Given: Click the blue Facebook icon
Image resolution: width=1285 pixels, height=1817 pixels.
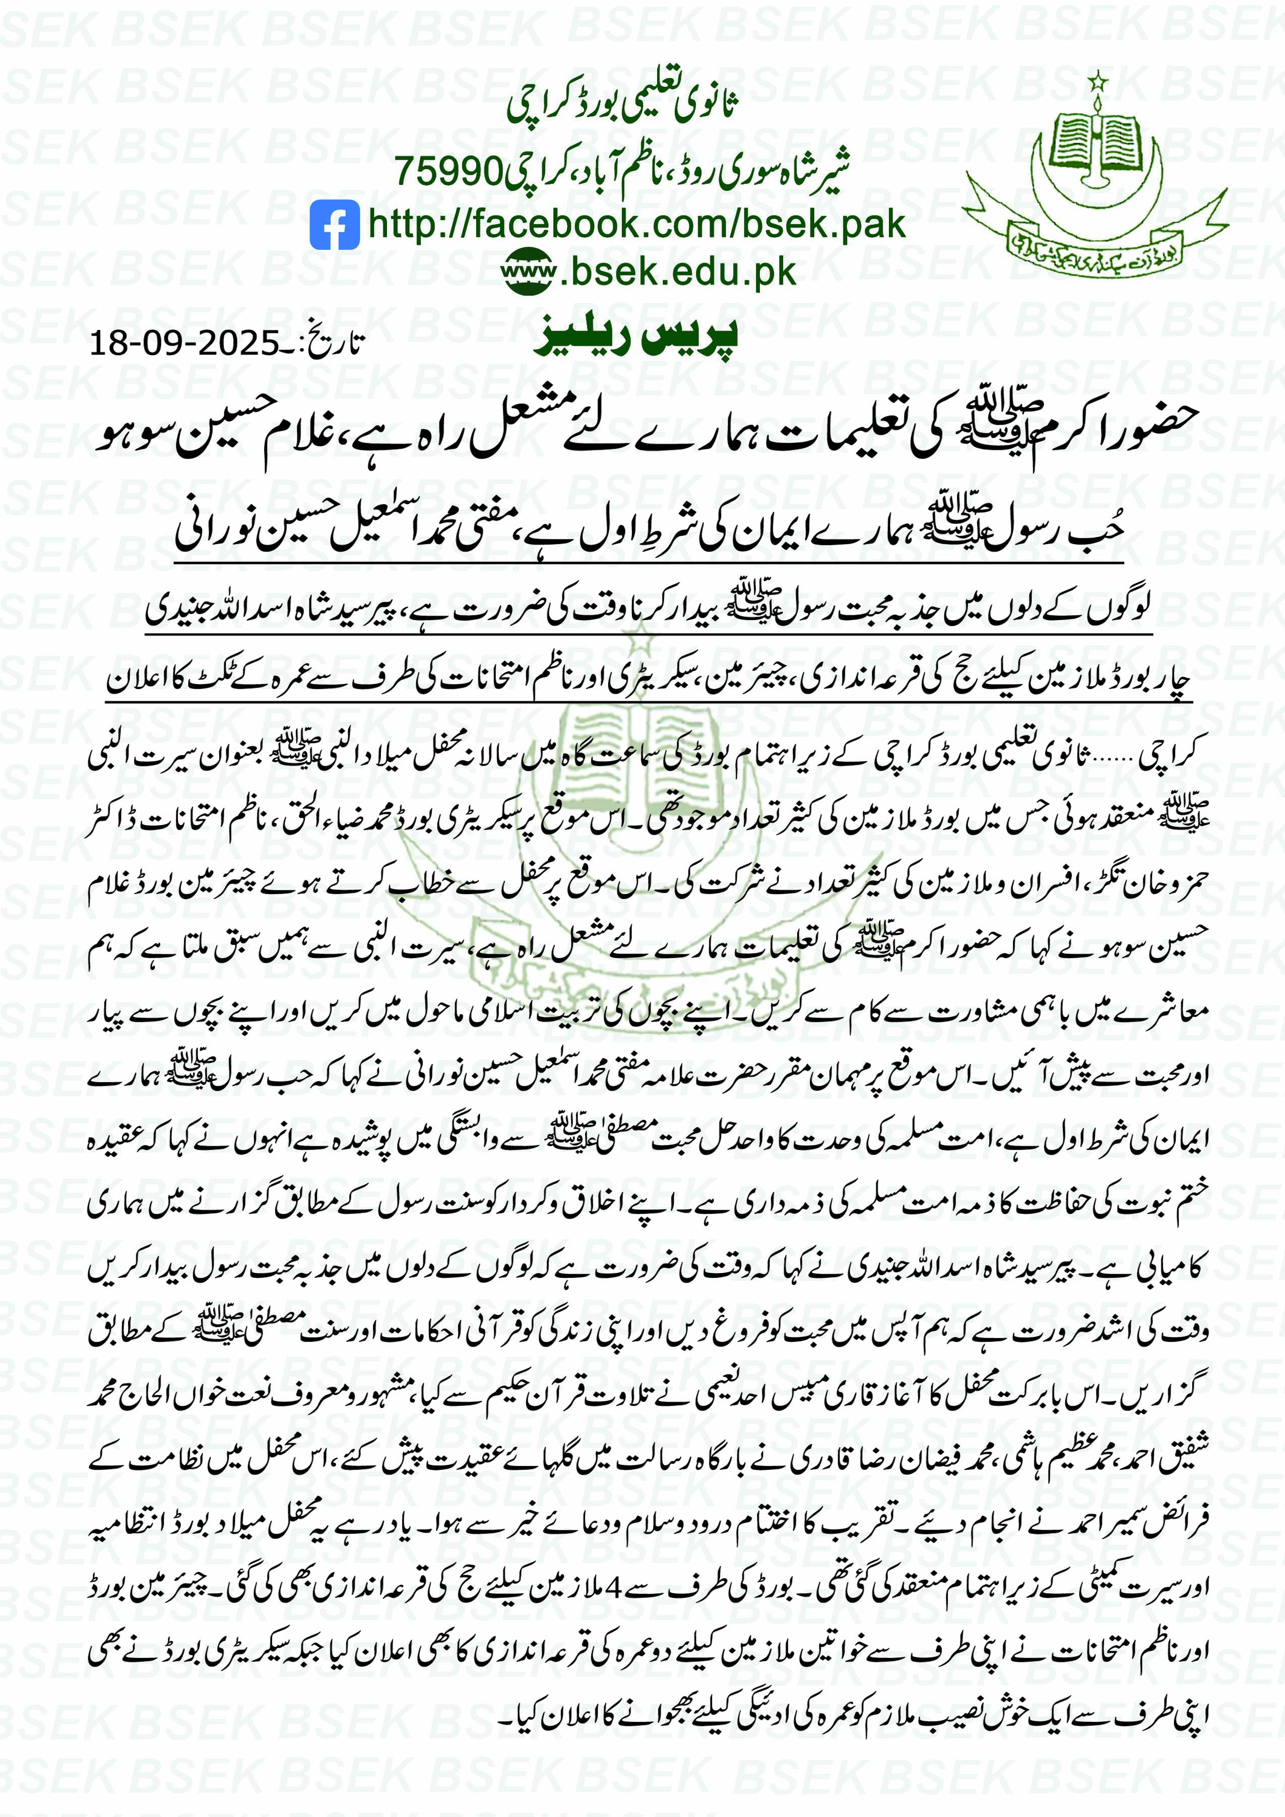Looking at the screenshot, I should pos(334,226).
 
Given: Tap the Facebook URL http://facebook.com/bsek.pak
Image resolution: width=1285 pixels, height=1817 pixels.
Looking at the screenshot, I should pos(636,224).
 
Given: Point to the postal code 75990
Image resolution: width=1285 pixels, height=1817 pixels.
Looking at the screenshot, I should pos(448,171).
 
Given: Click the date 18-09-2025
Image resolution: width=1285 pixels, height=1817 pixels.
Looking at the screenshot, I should pos(184,344).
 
